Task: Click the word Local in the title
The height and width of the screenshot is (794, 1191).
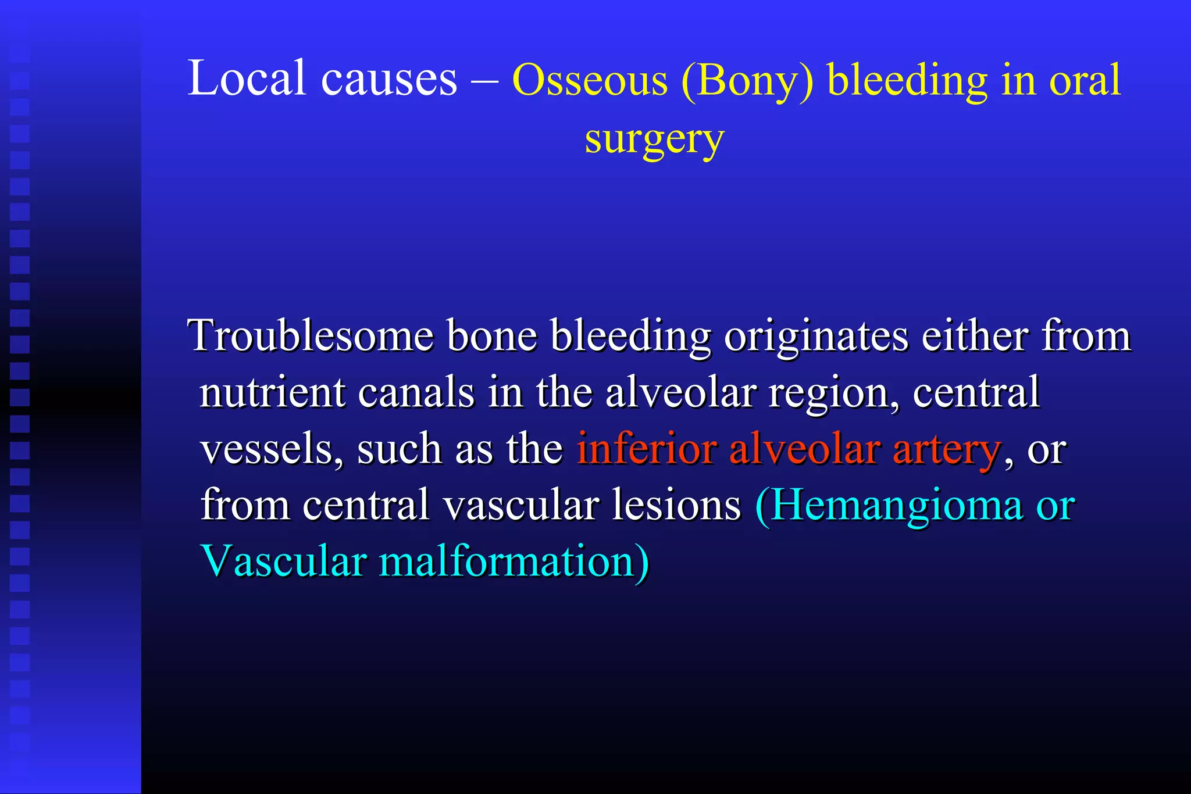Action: (247, 78)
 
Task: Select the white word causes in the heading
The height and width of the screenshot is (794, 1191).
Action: (389, 80)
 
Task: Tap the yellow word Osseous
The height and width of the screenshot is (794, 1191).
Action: (590, 81)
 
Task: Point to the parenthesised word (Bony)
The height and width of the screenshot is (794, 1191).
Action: (747, 81)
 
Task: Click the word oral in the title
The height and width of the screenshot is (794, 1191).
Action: (1085, 80)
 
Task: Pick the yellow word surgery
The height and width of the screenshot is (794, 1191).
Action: (654, 140)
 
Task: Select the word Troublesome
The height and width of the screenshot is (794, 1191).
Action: (311, 336)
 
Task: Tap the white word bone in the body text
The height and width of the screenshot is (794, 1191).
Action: (491, 336)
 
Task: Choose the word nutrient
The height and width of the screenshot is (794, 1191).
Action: (273, 393)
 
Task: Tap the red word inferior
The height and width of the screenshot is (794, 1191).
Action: (646, 449)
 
